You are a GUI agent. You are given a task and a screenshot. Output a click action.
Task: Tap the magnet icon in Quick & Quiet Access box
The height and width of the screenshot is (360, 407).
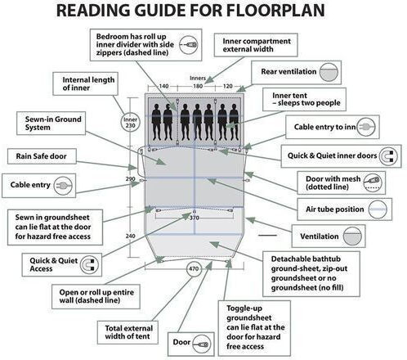pos(89,264)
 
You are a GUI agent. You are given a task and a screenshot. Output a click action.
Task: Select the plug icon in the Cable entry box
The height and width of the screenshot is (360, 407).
pos(63,186)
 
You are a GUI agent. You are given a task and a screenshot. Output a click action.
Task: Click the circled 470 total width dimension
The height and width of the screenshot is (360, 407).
pos(194,269)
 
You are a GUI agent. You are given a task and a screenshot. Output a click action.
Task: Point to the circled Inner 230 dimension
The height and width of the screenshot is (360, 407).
pos(130,123)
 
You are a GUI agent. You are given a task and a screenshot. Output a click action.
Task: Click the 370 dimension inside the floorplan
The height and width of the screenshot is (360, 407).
pos(195,218)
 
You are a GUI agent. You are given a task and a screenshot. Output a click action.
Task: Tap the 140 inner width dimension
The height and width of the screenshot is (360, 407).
pos(163,86)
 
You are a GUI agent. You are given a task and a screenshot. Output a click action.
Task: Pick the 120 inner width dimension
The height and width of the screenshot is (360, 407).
pos(228,86)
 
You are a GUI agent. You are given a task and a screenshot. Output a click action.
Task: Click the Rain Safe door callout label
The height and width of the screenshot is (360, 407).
pos(42,156)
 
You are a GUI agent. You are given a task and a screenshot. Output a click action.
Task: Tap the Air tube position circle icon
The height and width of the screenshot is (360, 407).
pos(378,209)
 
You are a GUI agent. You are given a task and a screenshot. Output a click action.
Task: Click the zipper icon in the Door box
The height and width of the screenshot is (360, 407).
pos(202,344)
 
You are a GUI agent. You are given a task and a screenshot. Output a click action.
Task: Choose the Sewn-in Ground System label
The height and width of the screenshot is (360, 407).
pos(53,124)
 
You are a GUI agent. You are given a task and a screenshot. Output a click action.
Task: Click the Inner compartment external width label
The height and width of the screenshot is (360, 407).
pos(257,45)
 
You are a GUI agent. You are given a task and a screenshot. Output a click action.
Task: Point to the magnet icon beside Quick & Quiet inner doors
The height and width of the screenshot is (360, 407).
pos(388,156)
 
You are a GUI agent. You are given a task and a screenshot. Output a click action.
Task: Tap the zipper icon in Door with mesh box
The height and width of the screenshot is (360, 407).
pos(373,182)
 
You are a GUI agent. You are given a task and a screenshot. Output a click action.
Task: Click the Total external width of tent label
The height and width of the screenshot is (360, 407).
pos(127,332)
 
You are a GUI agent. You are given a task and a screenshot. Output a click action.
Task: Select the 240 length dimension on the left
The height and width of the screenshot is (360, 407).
pos(130,236)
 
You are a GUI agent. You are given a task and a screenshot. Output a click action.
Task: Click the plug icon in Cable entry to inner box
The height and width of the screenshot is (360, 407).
pos(366,127)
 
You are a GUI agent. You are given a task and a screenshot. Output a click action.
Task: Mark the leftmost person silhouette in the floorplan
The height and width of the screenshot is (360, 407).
pos(157,122)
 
